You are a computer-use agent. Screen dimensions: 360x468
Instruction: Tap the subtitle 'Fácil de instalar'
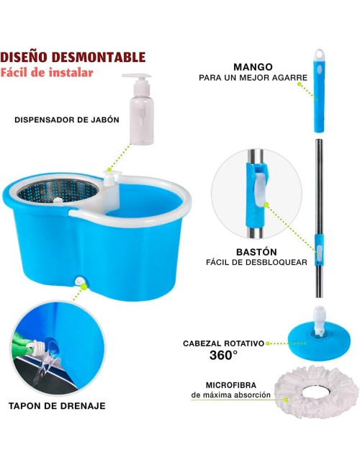point(47,73)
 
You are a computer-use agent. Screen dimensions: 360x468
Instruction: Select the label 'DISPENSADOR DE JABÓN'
point(67,120)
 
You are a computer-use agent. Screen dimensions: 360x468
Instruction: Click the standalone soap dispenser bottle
point(140,109)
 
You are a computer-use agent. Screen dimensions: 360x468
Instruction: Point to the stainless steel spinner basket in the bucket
point(58,191)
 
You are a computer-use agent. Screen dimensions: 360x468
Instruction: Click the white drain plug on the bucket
point(80,281)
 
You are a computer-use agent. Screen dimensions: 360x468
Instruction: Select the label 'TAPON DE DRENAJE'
point(57,406)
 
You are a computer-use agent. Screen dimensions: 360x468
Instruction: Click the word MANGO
point(253,67)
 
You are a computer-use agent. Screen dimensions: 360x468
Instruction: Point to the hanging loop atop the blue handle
point(320,54)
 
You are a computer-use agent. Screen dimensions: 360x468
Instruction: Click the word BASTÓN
point(256,252)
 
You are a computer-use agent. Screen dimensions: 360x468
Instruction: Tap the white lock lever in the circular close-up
point(261,189)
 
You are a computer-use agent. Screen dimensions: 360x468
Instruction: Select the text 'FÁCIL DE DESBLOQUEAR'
point(256,262)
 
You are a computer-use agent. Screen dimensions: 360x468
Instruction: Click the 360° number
point(223,355)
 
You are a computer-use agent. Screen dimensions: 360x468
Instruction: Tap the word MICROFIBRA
point(231,385)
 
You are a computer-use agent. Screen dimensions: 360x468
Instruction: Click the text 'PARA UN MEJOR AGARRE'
point(253,78)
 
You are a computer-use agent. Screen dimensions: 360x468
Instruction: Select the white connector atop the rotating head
point(319,320)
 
